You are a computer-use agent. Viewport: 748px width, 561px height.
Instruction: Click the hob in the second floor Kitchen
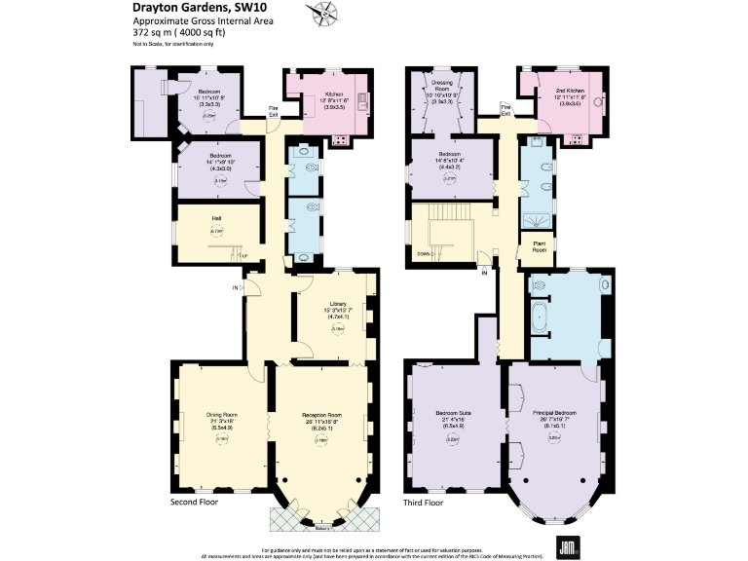tap(342, 139)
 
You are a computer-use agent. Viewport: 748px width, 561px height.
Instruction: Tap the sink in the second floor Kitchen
tap(360, 98)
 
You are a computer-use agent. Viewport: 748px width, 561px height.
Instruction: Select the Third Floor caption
tap(423, 504)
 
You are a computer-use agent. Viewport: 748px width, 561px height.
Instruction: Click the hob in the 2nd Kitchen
tap(575, 139)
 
